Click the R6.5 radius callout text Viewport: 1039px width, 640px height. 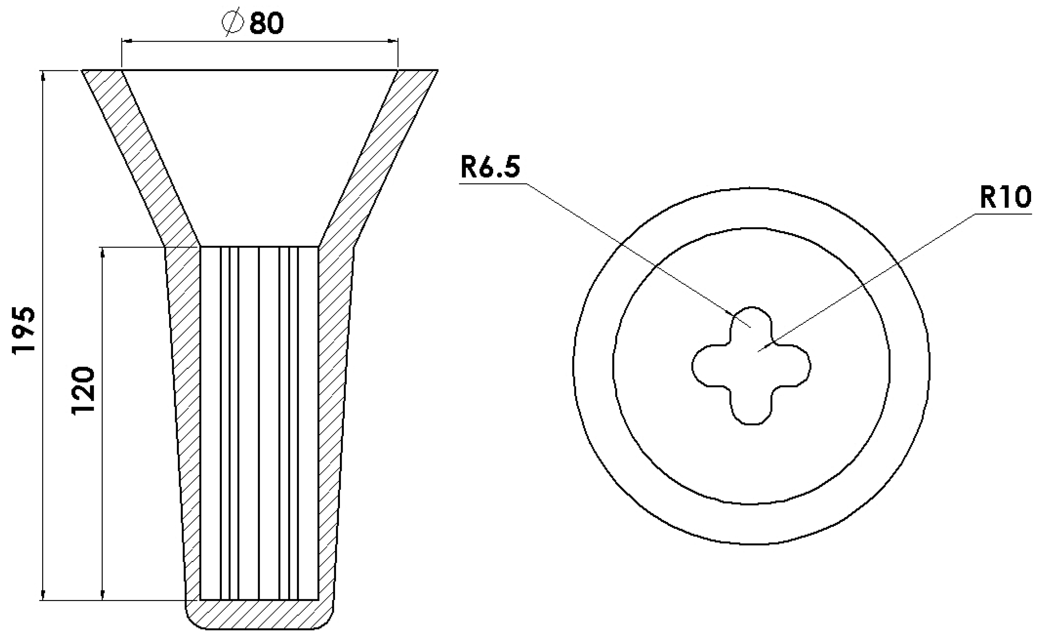point(490,167)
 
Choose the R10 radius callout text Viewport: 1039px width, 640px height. point(1005,198)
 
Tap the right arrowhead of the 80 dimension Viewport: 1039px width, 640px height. point(393,41)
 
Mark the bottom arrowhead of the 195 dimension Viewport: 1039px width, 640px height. point(43,595)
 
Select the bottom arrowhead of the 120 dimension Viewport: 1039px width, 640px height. point(102,595)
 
